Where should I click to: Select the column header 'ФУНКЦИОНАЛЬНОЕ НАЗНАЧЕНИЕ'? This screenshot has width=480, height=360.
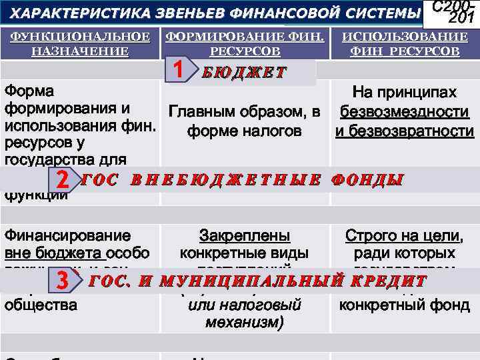(x=80, y=43)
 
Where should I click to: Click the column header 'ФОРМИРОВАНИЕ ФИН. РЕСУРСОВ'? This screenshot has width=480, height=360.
(x=245, y=43)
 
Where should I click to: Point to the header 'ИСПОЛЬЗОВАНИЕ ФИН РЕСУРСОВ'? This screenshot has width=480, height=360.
(x=405, y=43)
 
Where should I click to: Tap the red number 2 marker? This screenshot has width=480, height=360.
(x=63, y=180)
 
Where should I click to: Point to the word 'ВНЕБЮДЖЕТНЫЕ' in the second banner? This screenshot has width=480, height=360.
(x=226, y=180)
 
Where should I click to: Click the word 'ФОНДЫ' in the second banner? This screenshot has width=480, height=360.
(x=367, y=180)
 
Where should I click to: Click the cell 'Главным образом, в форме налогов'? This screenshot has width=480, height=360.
(x=245, y=121)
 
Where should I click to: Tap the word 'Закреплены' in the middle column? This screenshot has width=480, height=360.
(x=245, y=235)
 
